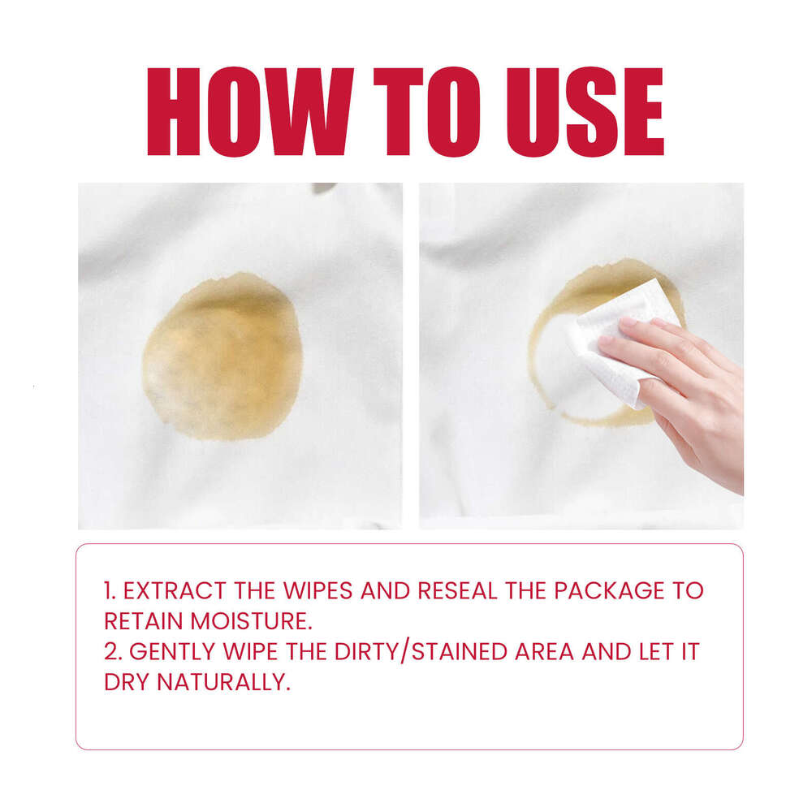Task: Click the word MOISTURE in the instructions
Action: pyautogui.click(x=251, y=621)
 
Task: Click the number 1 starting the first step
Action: pyautogui.click(x=109, y=590)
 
